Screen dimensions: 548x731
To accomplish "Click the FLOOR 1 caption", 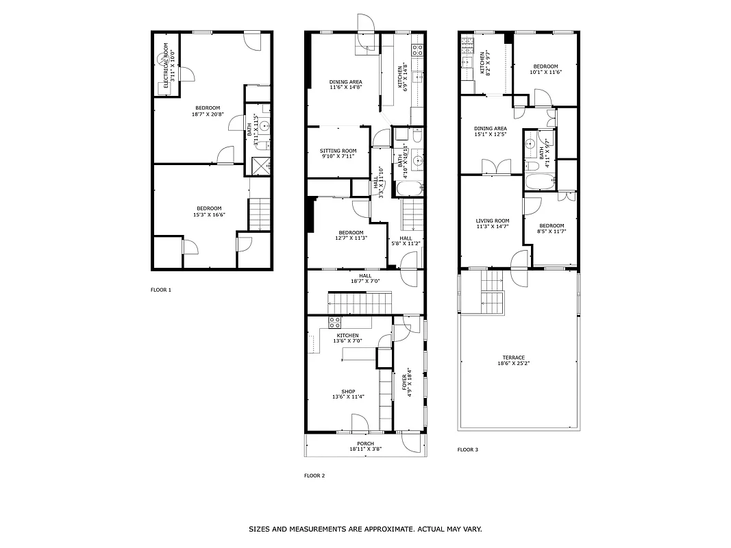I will tap(161, 290).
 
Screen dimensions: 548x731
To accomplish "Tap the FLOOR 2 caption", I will tap(314, 475).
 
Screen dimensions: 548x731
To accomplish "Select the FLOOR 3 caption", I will tap(468, 450).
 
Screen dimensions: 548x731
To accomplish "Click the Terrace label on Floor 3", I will tap(513, 358).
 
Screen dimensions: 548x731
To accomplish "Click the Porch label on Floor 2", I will tap(365, 443).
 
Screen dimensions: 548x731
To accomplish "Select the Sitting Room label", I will tap(339, 151).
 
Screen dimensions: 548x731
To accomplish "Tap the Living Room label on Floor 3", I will tap(493, 221).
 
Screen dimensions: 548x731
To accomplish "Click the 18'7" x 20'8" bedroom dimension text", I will tap(208, 114).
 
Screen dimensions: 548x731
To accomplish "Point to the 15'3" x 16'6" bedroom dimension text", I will tap(209, 214).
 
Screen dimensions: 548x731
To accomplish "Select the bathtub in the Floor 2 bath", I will tap(409, 189).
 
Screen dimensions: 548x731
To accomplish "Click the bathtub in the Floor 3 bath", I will tap(540, 182).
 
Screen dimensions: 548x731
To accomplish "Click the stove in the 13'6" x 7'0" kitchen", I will tap(335, 322).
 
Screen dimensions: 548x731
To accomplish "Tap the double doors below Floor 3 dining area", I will tap(497, 166).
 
